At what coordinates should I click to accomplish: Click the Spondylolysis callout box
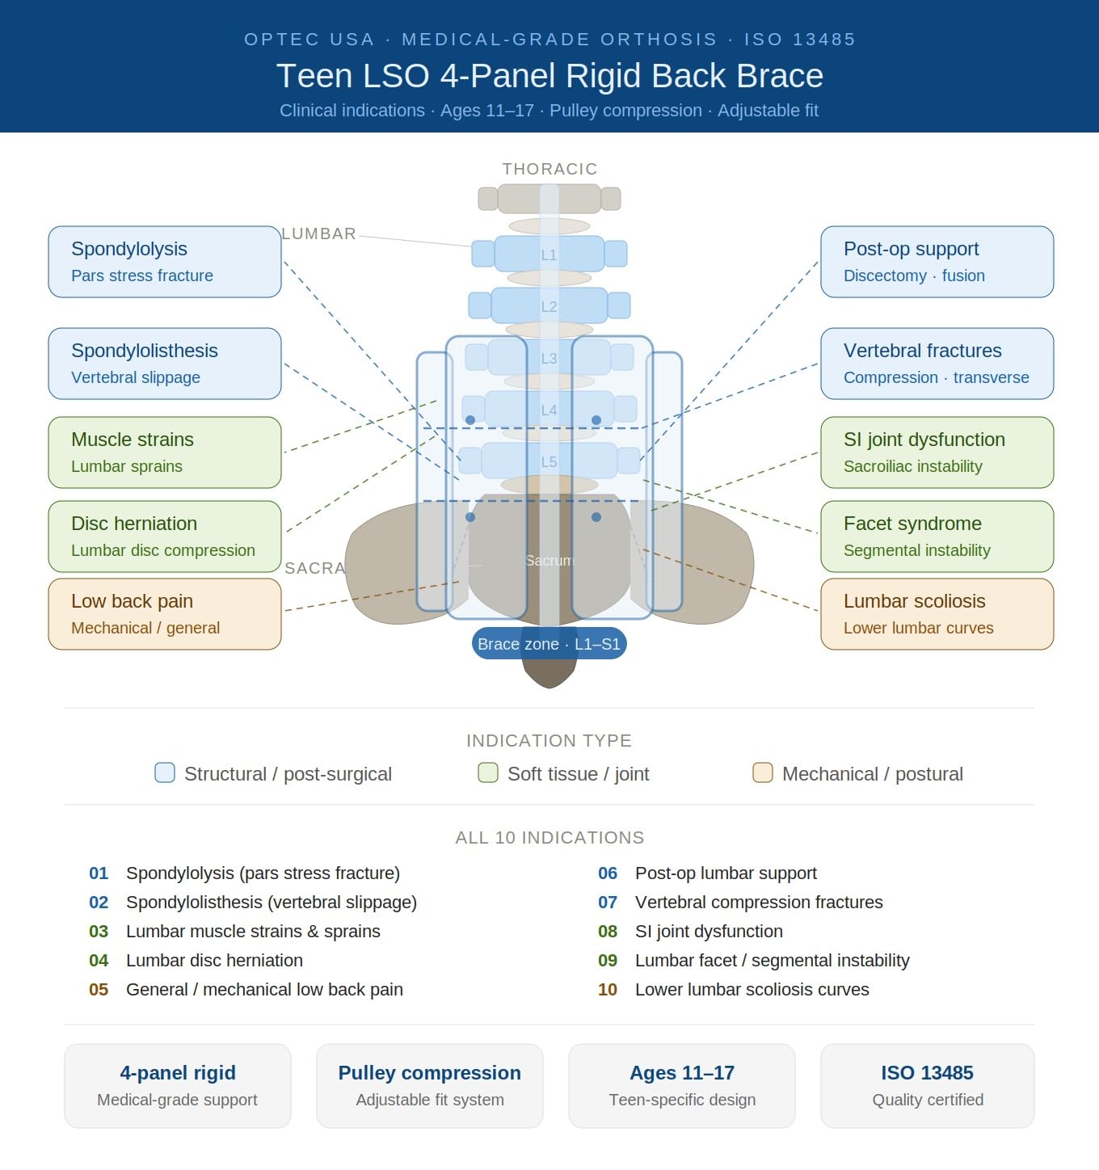click(x=164, y=262)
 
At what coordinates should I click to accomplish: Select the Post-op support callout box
click(x=937, y=262)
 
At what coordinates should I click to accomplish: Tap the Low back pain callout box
click(x=164, y=614)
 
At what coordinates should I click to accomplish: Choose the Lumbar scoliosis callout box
click(x=937, y=614)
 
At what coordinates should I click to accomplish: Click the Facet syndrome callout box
click(x=937, y=536)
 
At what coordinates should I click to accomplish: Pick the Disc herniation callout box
click(x=164, y=536)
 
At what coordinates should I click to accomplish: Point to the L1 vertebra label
click(x=549, y=255)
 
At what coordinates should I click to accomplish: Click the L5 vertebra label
click(x=549, y=462)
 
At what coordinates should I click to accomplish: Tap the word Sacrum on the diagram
click(x=549, y=560)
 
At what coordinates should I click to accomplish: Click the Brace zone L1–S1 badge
click(x=549, y=644)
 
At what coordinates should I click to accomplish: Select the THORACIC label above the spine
click(x=549, y=169)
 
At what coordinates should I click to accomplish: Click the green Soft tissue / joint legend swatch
click(x=488, y=772)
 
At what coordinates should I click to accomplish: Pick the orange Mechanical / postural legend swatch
click(x=763, y=772)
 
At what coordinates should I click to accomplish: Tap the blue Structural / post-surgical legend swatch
click(x=164, y=772)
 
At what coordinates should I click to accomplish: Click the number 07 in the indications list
click(x=608, y=902)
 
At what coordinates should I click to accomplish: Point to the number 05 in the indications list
click(x=99, y=989)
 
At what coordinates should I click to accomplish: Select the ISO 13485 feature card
click(x=927, y=1086)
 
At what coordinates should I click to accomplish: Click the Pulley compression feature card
click(x=430, y=1086)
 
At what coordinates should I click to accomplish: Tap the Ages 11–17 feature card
click(x=682, y=1086)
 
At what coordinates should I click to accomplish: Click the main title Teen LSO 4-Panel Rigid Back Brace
click(x=549, y=76)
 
